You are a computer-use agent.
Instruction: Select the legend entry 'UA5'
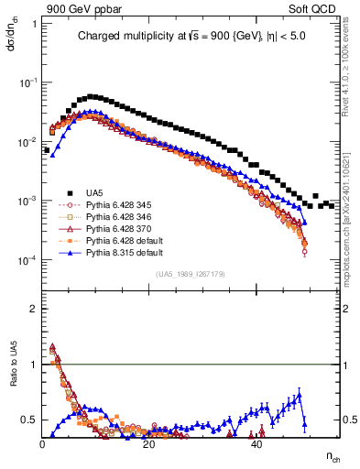[x=93, y=191]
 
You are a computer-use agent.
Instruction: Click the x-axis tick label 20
[x=150, y=444]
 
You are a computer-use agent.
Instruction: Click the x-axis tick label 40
[x=257, y=444]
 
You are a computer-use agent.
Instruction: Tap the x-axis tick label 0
[x=43, y=444]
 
